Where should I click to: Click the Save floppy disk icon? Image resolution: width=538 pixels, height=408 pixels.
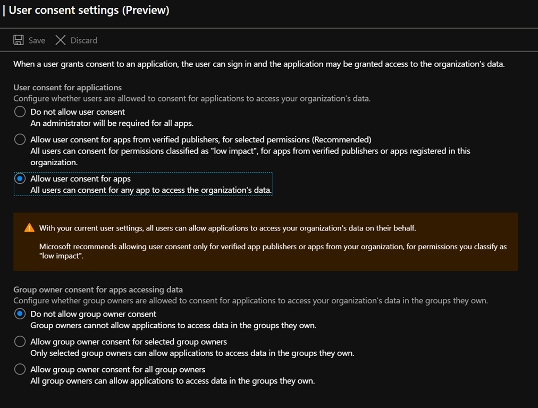point(19,40)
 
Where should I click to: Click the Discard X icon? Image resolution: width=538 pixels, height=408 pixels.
point(61,40)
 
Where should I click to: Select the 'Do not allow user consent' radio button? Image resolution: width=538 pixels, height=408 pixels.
point(20,112)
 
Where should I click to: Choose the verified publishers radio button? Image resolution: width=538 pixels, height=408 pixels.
point(20,139)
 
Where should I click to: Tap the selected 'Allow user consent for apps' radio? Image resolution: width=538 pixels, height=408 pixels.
point(20,178)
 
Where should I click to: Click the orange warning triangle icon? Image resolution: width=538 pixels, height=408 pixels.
point(29,228)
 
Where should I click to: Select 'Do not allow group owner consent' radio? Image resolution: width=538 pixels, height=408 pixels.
point(20,314)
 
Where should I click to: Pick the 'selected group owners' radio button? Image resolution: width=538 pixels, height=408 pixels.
point(20,342)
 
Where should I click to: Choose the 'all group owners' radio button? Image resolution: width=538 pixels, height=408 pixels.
point(20,369)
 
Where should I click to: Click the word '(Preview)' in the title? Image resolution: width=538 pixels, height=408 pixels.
point(146,10)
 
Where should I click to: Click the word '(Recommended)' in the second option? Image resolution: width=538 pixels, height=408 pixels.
point(341,139)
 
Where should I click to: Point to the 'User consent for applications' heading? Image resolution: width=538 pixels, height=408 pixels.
point(68,88)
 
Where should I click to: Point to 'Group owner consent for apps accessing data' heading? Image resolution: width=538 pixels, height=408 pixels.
point(98,290)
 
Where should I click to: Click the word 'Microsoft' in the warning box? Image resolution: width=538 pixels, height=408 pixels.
point(57,246)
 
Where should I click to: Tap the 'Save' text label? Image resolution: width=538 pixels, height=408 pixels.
point(37,40)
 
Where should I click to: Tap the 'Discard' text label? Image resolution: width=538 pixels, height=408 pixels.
point(84,40)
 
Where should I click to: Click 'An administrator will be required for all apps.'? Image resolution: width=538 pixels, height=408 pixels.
point(112,123)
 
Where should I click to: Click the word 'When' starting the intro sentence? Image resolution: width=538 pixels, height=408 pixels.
point(24,64)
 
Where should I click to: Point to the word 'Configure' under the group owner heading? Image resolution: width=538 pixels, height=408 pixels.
point(31,301)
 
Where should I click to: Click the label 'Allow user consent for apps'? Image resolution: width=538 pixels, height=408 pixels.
point(80,178)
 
